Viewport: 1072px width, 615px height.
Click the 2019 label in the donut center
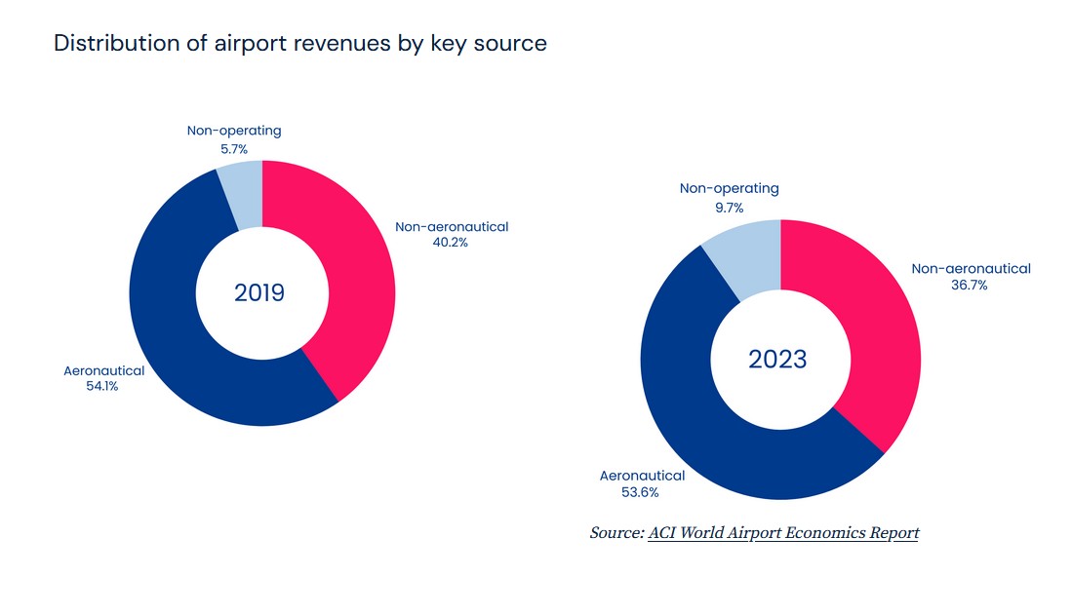point(259,292)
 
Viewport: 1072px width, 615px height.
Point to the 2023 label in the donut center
point(777,359)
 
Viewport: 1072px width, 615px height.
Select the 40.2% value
point(451,243)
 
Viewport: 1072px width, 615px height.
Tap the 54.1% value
point(102,386)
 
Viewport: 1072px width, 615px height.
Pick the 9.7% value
point(729,208)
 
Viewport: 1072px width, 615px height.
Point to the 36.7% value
point(970,285)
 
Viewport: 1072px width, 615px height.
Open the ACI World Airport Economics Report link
point(782,533)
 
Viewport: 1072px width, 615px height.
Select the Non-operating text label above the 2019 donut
point(234,131)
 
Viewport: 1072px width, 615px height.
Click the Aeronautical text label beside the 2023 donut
point(642,476)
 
